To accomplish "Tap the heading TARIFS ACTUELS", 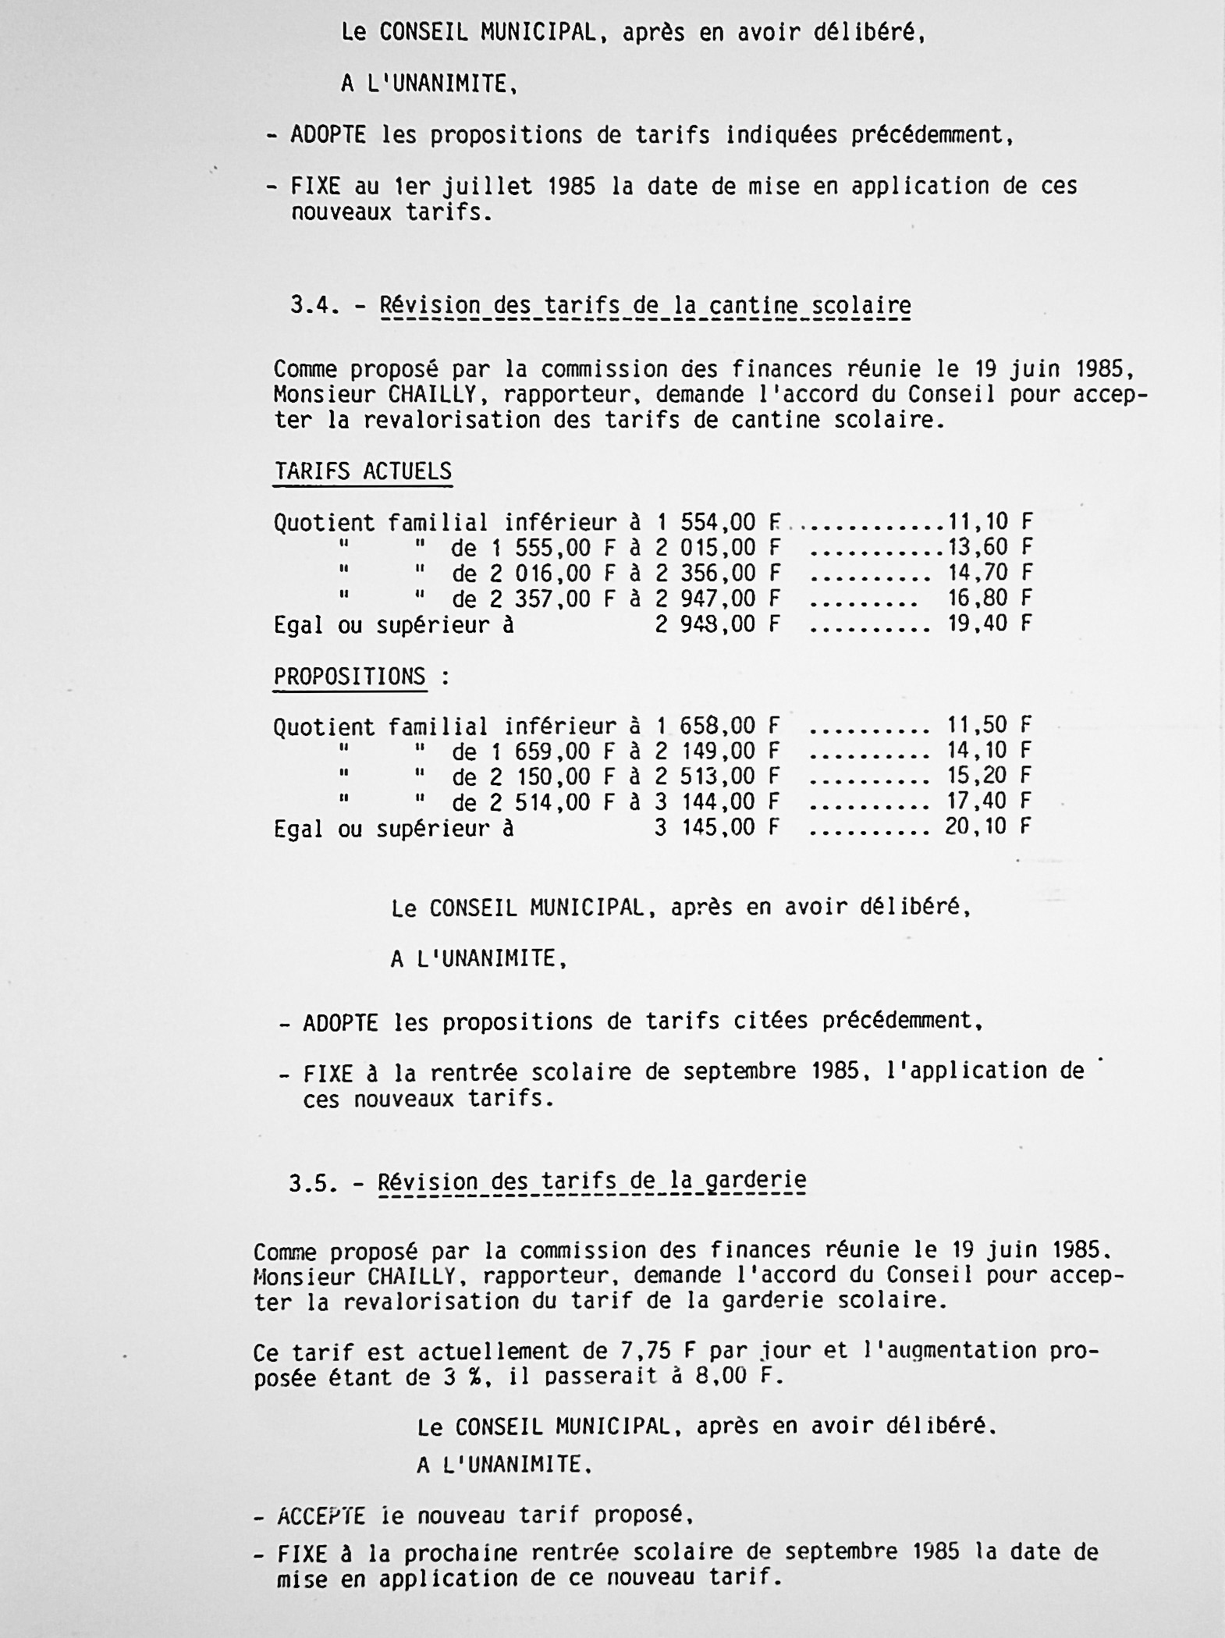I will click(363, 472).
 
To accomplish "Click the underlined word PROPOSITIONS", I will click(350, 677).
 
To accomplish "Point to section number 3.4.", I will click(314, 304).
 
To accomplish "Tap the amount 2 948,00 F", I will click(718, 624).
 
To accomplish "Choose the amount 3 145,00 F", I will click(717, 827).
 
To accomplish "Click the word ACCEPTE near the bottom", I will click(321, 1515).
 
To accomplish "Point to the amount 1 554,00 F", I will click(718, 521).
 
